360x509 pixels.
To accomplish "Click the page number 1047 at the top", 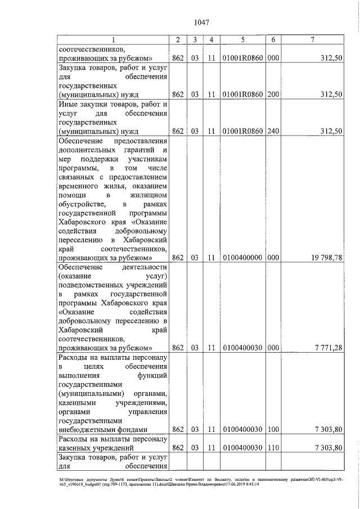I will click(x=201, y=22).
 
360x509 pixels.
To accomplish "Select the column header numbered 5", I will click(x=242, y=39).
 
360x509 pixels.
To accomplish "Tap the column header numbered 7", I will click(x=313, y=39).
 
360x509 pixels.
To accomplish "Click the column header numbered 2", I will click(x=178, y=39).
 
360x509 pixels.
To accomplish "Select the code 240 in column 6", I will click(x=273, y=131).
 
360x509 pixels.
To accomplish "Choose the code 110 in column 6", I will click(x=273, y=448).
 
